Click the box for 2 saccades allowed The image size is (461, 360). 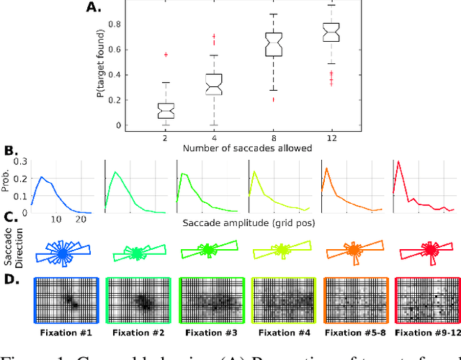pyautogui.click(x=166, y=110)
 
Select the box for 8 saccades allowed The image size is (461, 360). pyautogui.click(x=274, y=44)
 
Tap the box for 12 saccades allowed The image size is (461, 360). pyautogui.click(x=331, y=32)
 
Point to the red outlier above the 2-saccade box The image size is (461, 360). pyautogui.click(x=166, y=55)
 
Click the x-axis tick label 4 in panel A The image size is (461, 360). pyautogui.click(x=213, y=137)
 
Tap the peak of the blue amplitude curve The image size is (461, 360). pyautogui.click(x=41, y=176)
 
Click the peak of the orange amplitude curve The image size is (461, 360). pyautogui.click(x=328, y=168)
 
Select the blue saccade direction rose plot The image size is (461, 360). pyautogui.click(x=63, y=253)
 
